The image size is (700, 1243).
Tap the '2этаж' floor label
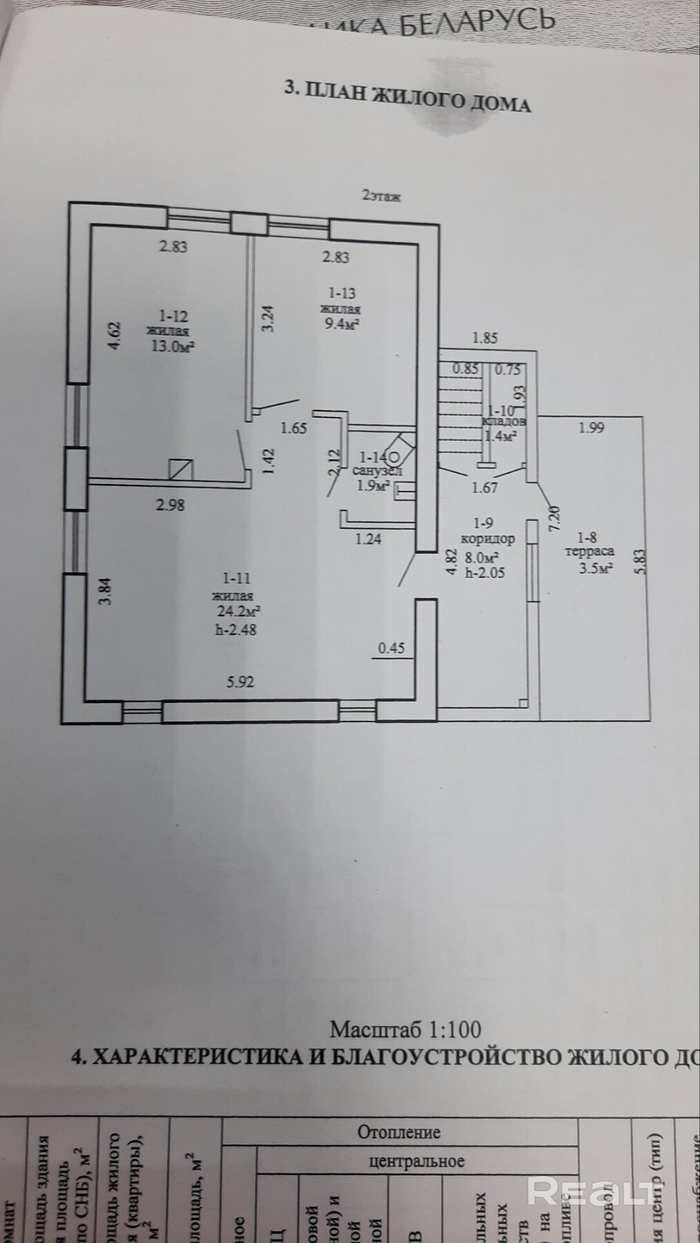381,196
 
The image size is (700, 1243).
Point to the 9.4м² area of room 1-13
341,322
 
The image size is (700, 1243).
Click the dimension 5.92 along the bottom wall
240,682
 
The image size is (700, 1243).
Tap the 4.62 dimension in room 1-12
115,336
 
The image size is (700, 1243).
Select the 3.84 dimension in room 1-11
104,592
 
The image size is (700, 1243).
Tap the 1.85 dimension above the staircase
485,338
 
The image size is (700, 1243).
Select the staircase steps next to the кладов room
459,414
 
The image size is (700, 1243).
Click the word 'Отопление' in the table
399,1133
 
